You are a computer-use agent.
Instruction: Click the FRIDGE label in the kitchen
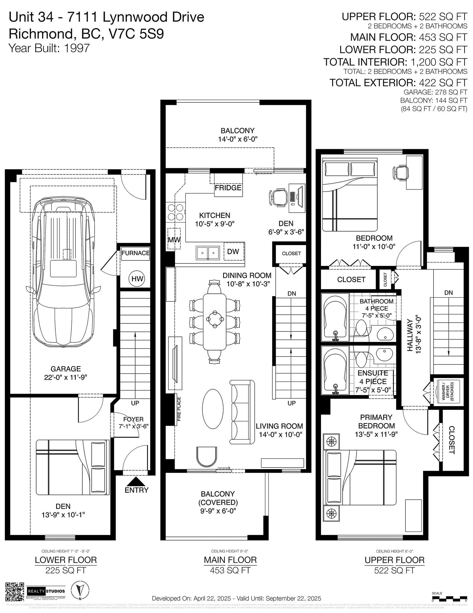point(228,188)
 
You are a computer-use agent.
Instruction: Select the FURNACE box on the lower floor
point(136,253)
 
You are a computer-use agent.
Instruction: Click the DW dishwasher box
point(233,251)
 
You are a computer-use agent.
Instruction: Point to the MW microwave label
point(174,240)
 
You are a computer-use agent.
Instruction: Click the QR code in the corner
point(15,592)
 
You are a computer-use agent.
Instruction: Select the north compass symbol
point(80,591)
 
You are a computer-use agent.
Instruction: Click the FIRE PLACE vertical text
point(179,409)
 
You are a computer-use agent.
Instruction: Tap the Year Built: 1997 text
point(49,48)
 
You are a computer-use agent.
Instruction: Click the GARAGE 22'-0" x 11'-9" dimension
point(65,377)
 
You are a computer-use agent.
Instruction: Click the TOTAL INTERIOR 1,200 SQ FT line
point(395,62)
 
